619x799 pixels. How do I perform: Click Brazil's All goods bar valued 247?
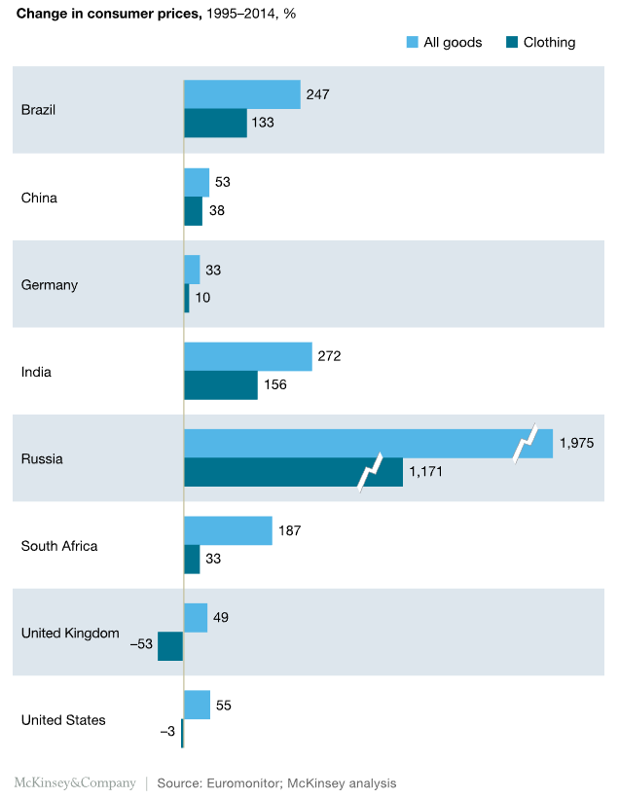[x=241, y=94]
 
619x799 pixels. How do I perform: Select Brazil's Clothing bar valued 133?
[x=215, y=124]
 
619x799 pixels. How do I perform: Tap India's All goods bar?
[x=247, y=356]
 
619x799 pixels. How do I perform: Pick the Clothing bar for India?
[x=221, y=385]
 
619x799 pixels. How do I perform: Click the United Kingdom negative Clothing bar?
[x=170, y=646]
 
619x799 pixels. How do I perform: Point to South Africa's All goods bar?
[x=228, y=530]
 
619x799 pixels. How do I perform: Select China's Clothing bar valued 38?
[x=193, y=211]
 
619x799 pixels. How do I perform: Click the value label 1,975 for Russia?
[x=576, y=444]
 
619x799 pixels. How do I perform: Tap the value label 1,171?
[x=426, y=472]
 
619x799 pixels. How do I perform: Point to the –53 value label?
[x=142, y=644]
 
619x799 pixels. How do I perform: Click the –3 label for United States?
[x=167, y=732]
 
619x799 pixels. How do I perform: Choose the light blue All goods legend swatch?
[x=411, y=42]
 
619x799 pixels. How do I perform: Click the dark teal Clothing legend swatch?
[x=511, y=42]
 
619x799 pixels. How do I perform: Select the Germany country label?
[x=50, y=285]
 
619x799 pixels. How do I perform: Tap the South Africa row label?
[x=59, y=546]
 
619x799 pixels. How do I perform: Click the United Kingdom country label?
[x=70, y=634]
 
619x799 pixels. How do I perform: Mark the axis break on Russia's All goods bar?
[x=526, y=445]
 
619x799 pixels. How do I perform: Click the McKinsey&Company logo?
[x=75, y=782]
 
